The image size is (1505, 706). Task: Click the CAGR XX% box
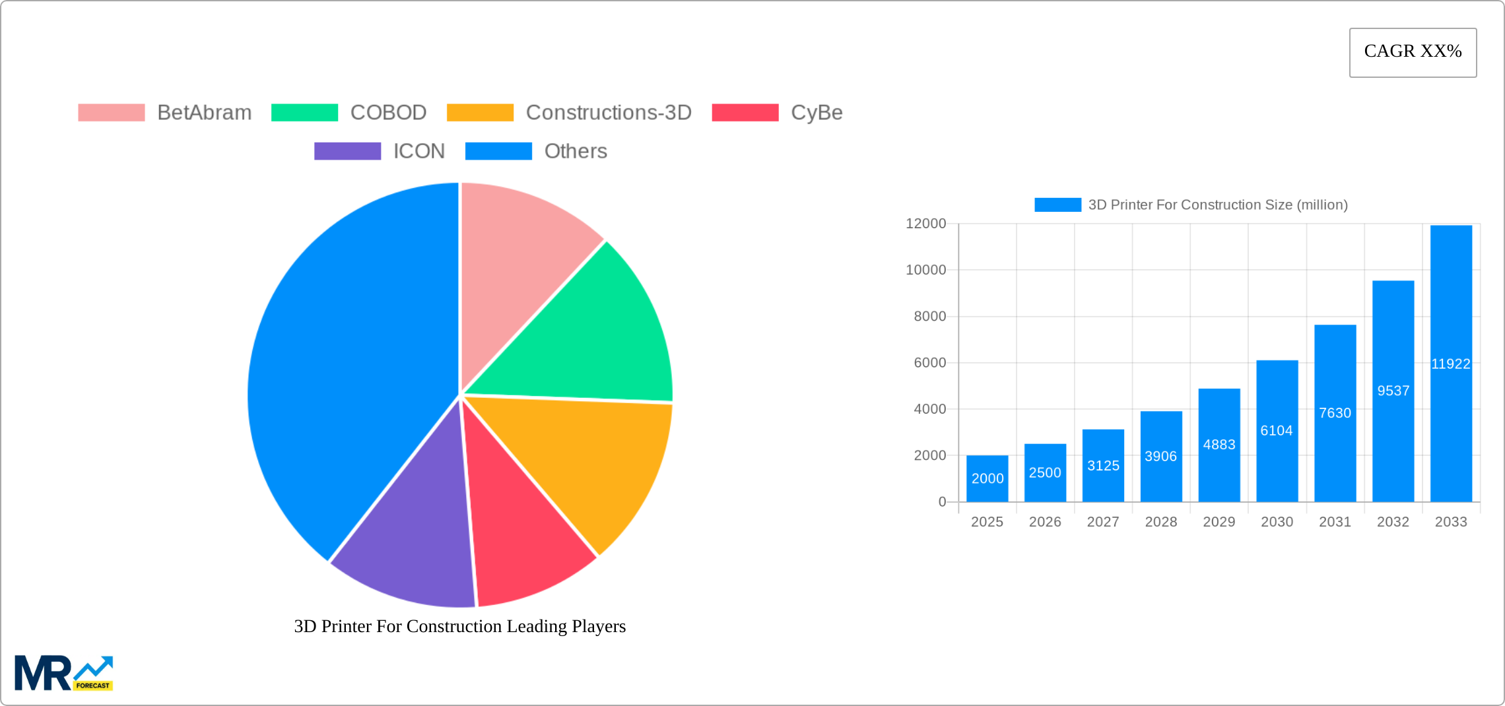click(1413, 52)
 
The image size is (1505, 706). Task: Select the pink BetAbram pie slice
click(521, 264)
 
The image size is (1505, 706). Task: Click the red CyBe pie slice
click(521, 534)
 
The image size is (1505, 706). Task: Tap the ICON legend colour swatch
click(347, 151)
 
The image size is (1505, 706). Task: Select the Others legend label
click(575, 151)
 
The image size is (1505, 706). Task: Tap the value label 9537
click(1393, 391)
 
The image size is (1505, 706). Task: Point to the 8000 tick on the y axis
click(929, 317)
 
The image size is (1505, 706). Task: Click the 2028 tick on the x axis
click(1160, 522)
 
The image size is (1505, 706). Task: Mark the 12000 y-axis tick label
click(925, 224)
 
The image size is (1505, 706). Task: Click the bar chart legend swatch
click(1057, 205)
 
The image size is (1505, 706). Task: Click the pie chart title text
click(459, 626)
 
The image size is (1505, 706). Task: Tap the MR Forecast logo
click(63, 673)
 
